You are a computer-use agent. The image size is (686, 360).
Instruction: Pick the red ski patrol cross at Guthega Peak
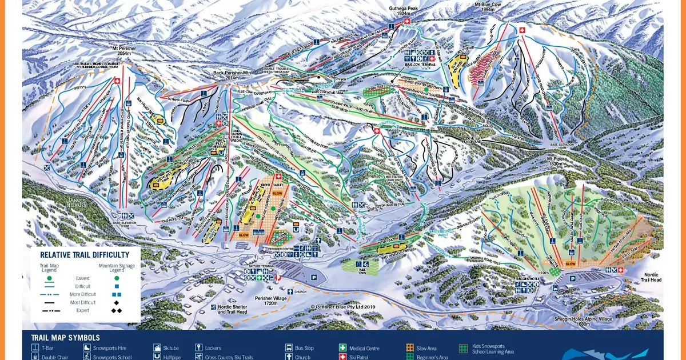[x=407, y=22]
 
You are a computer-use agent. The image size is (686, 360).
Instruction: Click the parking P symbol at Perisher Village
[x=314, y=277]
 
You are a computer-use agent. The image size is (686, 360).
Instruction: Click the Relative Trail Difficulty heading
[x=84, y=255]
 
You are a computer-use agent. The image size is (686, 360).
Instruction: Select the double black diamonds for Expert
[x=116, y=311]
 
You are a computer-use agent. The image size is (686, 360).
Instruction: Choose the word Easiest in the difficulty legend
[x=83, y=278]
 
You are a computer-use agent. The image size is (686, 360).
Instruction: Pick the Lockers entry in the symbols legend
[x=212, y=348]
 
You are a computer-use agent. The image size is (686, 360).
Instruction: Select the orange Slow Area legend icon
[x=409, y=347]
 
